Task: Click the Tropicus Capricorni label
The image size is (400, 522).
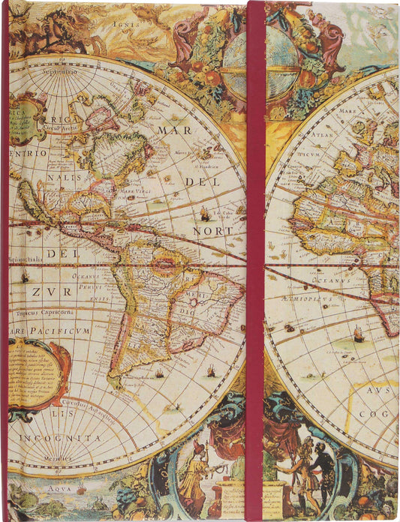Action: click(x=41, y=312)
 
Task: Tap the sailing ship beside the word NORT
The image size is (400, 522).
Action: click(x=205, y=214)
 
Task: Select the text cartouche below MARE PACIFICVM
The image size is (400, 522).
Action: click(x=38, y=375)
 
